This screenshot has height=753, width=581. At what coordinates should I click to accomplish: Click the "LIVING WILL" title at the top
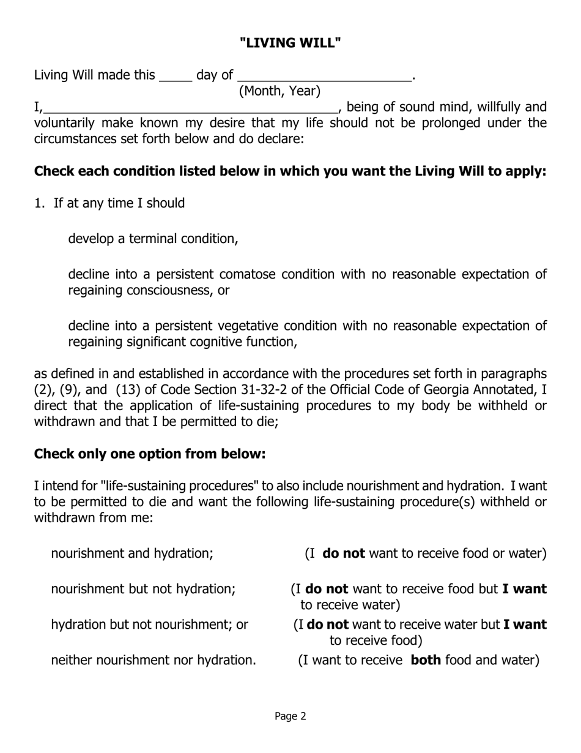click(x=290, y=43)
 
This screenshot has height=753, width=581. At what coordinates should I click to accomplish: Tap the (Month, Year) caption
click(x=279, y=91)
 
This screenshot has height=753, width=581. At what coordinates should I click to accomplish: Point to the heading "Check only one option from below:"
click(x=150, y=454)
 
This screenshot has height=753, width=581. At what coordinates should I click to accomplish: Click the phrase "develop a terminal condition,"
click(x=153, y=238)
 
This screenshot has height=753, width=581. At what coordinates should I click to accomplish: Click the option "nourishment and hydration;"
click(x=132, y=553)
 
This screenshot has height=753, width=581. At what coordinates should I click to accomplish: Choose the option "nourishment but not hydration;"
click(x=143, y=589)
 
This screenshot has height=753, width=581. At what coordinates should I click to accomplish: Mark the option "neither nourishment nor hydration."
click(x=154, y=660)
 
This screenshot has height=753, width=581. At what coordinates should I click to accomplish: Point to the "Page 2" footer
click(x=290, y=716)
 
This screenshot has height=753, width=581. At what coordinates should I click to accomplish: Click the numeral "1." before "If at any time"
click(x=40, y=203)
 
